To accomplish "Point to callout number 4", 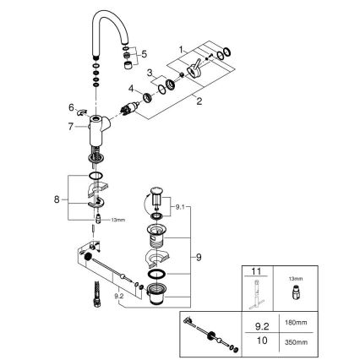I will point(132,87).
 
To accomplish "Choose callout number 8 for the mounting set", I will point(58,199).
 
